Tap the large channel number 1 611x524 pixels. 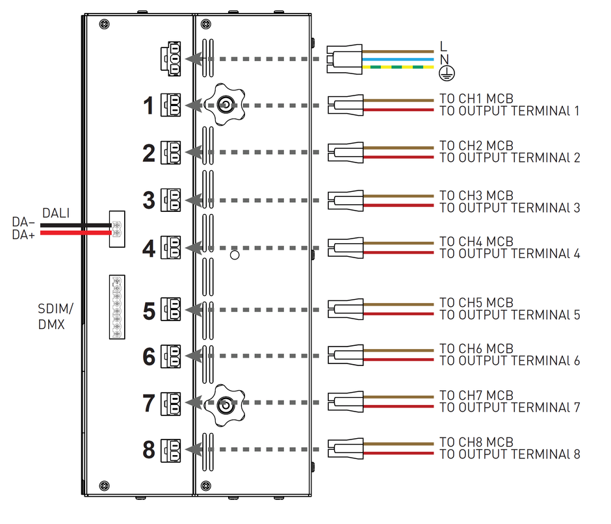click(x=149, y=105)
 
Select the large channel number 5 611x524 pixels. click(x=149, y=311)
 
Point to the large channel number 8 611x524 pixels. click(x=149, y=449)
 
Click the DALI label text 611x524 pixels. click(x=56, y=213)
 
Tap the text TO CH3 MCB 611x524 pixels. click(x=476, y=196)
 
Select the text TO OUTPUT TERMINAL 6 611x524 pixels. click(x=509, y=361)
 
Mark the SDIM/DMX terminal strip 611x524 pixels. click(x=117, y=306)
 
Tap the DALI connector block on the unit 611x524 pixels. click(x=116, y=228)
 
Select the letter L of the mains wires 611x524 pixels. click(x=443, y=47)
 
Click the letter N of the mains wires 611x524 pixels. click(x=443, y=59)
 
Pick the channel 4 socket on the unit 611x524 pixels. click(x=172, y=247)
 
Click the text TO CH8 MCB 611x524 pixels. click(x=476, y=443)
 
